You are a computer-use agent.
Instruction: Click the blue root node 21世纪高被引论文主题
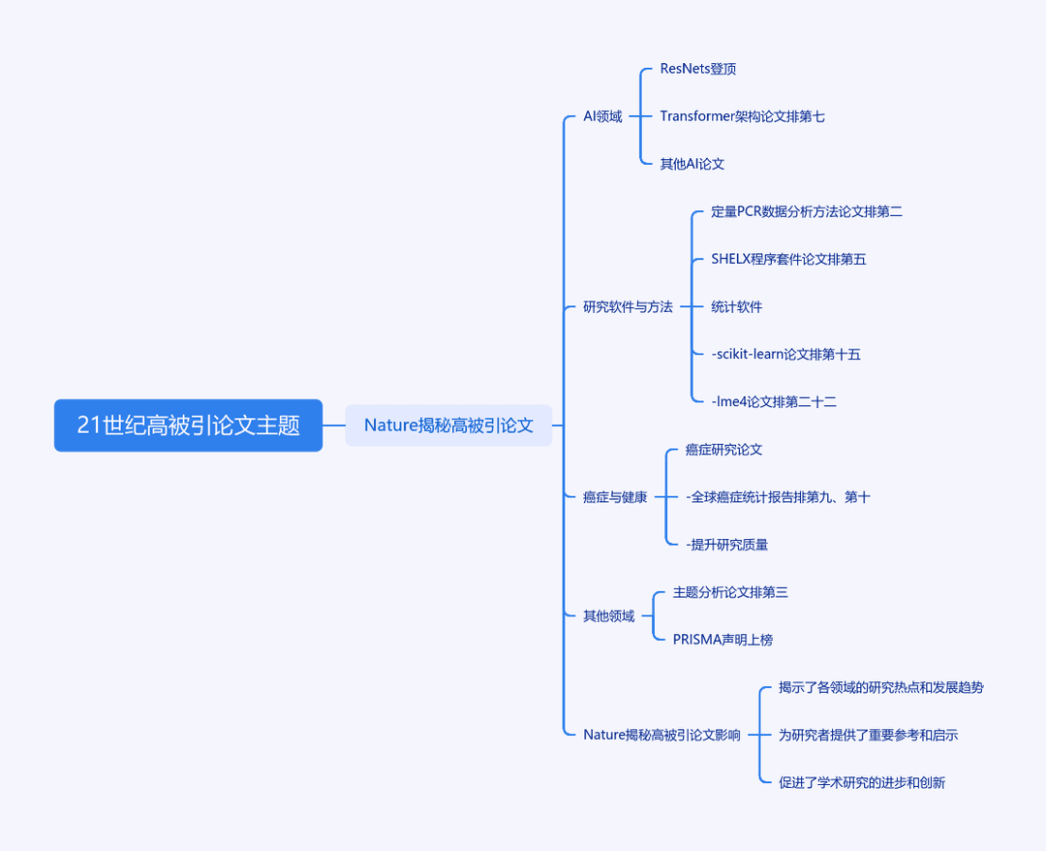188,425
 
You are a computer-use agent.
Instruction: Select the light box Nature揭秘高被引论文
448,425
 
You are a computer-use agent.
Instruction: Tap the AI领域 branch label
602,116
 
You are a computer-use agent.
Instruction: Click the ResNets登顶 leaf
697,69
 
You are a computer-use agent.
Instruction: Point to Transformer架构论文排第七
742,116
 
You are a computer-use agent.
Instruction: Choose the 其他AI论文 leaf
692,164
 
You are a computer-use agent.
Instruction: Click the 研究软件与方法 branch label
628,307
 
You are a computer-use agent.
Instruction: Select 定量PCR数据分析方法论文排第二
807,211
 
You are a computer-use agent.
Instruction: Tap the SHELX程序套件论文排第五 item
788,259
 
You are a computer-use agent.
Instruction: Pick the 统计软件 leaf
736,307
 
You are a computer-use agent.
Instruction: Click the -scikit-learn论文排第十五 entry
785,355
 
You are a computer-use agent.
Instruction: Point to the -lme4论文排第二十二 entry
774,402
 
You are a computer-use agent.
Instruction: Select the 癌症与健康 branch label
615,497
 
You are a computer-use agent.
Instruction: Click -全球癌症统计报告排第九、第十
778,497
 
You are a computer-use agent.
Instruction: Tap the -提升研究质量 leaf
726,545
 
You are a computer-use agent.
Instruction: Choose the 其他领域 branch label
608,616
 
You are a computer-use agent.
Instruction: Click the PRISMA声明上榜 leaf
723,640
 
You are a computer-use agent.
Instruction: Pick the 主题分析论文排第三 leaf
730,592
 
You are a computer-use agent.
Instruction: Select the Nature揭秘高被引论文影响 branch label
661,735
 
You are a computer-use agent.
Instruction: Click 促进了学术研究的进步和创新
861,782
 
